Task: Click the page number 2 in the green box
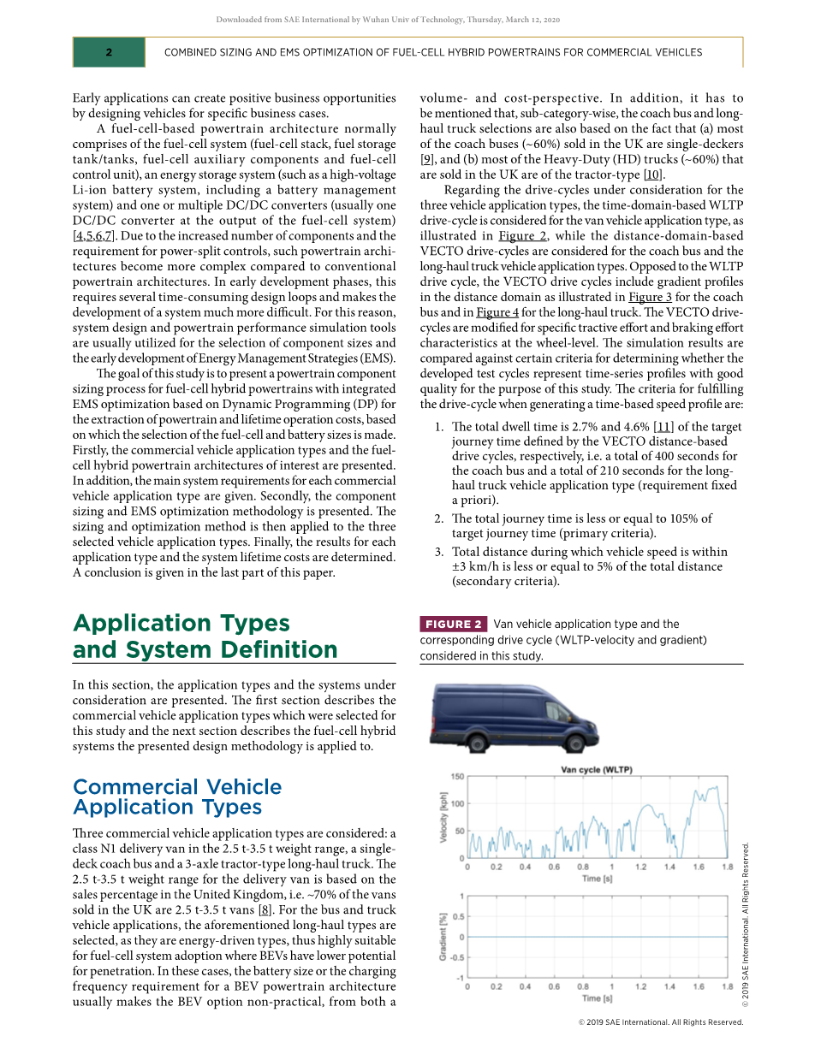click(x=109, y=52)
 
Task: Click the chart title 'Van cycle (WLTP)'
click(x=597, y=769)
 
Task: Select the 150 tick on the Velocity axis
click(x=457, y=777)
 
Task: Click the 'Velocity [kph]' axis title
click(x=443, y=818)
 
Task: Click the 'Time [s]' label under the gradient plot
click(x=597, y=998)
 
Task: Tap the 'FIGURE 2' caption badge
click(x=454, y=625)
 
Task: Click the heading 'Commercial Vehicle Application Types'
click(x=177, y=796)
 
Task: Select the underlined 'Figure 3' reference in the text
click(x=650, y=297)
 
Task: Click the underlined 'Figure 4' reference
click(x=497, y=312)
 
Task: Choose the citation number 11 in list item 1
click(x=663, y=427)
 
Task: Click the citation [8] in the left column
click(x=266, y=909)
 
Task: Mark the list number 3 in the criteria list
click(x=438, y=552)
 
